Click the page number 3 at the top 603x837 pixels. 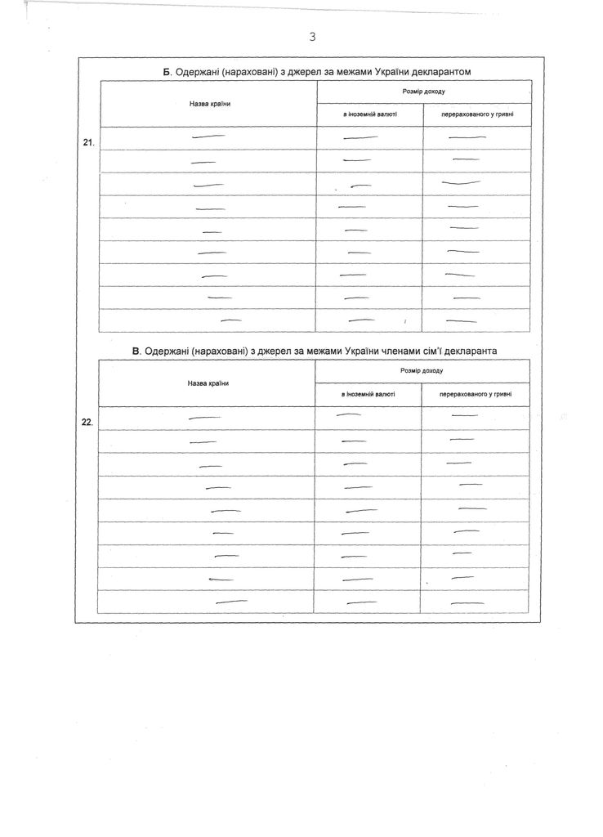click(312, 36)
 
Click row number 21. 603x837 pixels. click(89, 142)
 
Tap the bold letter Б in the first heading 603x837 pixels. click(167, 72)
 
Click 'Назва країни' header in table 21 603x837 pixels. click(208, 104)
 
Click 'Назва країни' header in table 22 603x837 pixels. click(207, 383)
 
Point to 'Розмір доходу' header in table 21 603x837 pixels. click(424, 92)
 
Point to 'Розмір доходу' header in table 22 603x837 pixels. click(422, 370)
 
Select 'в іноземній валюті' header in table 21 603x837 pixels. click(369, 115)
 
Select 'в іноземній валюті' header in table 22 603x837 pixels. click(368, 394)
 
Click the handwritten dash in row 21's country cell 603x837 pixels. click(208, 137)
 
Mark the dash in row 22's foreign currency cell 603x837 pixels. click(349, 415)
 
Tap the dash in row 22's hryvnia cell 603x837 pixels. click(464, 416)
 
